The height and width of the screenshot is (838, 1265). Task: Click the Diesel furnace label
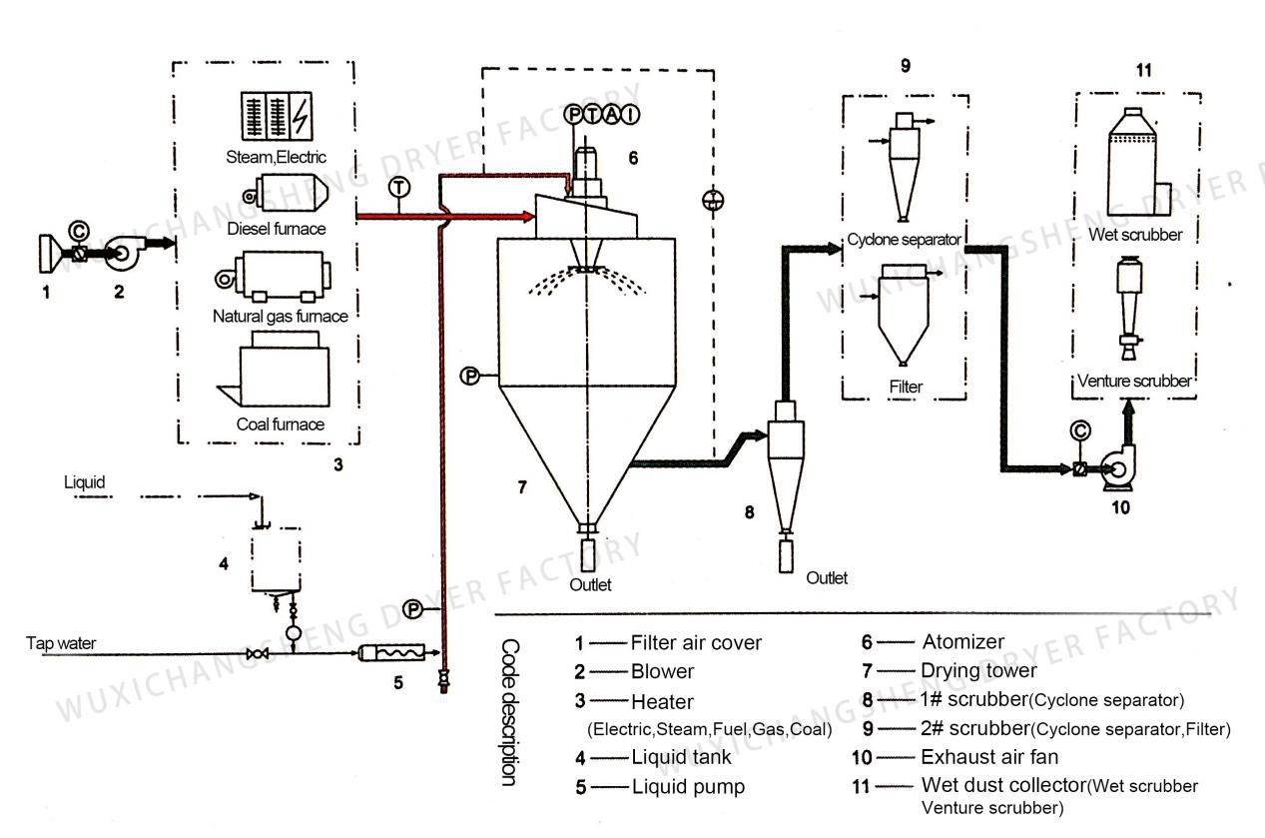point(277,229)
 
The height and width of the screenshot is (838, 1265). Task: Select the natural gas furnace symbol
point(274,277)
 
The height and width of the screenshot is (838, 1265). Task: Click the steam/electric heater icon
point(277,116)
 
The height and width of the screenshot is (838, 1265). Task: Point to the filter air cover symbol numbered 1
point(50,254)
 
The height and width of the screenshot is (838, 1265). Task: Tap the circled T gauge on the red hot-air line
point(399,188)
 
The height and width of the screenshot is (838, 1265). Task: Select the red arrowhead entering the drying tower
point(527,216)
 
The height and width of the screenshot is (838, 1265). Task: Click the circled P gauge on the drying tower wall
point(470,376)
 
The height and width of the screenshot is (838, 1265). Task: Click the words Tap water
point(61,642)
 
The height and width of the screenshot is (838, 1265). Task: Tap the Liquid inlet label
point(84,482)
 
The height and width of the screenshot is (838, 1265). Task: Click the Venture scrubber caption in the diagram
point(1134,381)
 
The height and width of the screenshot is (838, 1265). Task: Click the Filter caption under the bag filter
point(906,387)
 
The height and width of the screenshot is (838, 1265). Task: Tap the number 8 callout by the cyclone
point(750,512)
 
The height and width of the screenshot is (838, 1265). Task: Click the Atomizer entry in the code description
point(963,641)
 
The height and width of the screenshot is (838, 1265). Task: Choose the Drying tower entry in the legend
point(978,670)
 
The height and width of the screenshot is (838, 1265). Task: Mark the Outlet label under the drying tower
point(590,584)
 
